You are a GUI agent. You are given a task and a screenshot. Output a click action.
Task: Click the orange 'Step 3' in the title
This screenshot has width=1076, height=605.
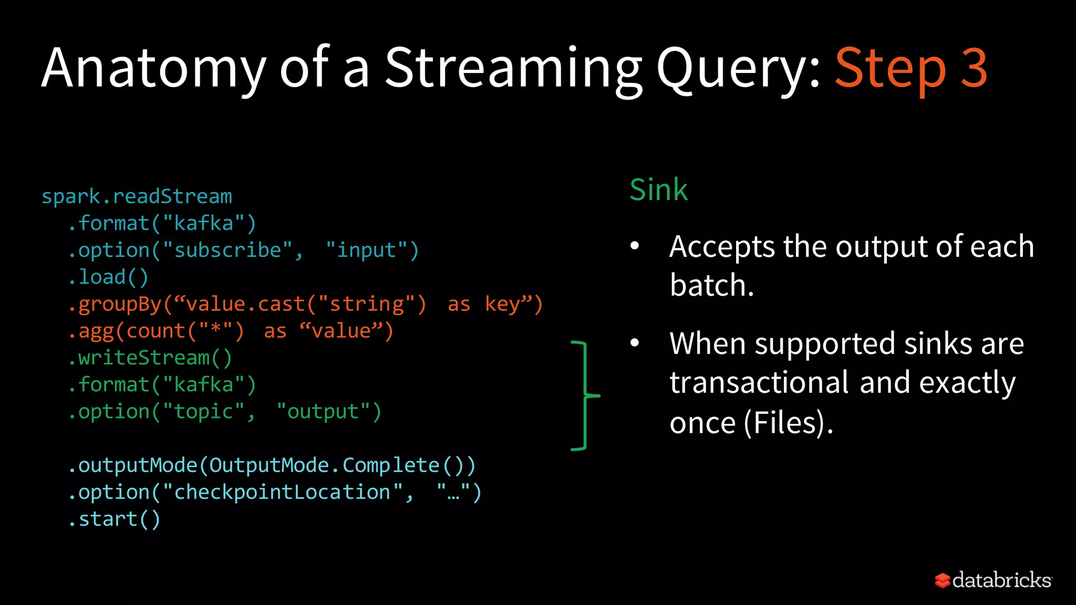(x=911, y=68)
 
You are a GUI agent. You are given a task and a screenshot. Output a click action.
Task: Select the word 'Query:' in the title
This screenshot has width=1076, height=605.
(x=739, y=68)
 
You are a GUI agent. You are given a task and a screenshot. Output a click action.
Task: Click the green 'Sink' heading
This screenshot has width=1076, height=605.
(x=658, y=190)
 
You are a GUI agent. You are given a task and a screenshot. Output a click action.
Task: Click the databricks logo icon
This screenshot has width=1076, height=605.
(x=943, y=580)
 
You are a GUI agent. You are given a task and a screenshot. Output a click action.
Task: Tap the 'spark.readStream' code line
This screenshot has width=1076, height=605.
(x=137, y=196)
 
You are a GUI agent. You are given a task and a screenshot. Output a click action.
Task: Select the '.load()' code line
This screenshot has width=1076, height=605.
(x=109, y=277)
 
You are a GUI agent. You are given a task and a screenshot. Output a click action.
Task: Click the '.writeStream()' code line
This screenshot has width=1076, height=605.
(x=150, y=358)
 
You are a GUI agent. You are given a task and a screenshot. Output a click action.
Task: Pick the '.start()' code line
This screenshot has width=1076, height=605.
(x=115, y=519)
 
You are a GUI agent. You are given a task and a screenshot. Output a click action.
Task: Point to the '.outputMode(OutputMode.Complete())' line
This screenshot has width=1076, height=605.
(x=272, y=465)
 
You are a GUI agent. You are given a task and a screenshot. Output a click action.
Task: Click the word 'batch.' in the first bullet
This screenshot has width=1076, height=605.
(x=711, y=285)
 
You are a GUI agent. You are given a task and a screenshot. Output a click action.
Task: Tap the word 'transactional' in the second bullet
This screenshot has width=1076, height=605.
(x=759, y=382)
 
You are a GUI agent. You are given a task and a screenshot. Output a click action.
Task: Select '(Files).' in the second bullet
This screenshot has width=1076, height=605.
(x=788, y=422)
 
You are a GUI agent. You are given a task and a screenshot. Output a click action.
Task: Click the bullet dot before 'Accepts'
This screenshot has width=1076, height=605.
(x=635, y=246)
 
